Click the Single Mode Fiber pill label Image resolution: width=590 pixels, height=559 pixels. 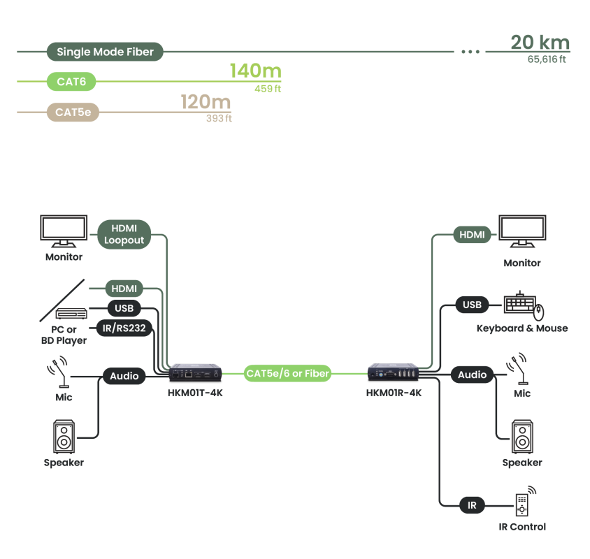click(x=105, y=52)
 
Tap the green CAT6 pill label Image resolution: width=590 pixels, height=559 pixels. click(x=71, y=82)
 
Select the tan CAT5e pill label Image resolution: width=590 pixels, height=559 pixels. click(x=73, y=112)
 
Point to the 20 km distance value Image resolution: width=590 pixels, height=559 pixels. click(x=540, y=43)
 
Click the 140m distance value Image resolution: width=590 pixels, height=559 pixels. click(x=255, y=71)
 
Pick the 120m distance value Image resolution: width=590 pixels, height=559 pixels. click(x=206, y=102)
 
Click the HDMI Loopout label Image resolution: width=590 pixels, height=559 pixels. click(x=124, y=234)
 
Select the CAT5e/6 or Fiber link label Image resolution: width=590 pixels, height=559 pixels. click(x=287, y=373)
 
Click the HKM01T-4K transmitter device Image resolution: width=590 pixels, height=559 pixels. click(x=195, y=373)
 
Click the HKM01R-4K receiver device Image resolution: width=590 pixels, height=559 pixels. click(x=394, y=373)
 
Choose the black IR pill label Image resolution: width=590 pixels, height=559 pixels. click(x=472, y=504)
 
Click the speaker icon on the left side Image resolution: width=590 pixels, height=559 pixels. click(x=64, y=437)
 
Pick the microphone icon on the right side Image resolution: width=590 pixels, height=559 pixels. click(x=521, y=370)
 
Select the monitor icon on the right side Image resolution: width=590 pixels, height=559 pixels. click(x=521, y=232)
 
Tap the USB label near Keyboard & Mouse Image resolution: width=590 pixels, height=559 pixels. click(x=472, y=305)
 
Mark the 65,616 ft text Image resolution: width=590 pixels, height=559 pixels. click(x=547, y=59)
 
